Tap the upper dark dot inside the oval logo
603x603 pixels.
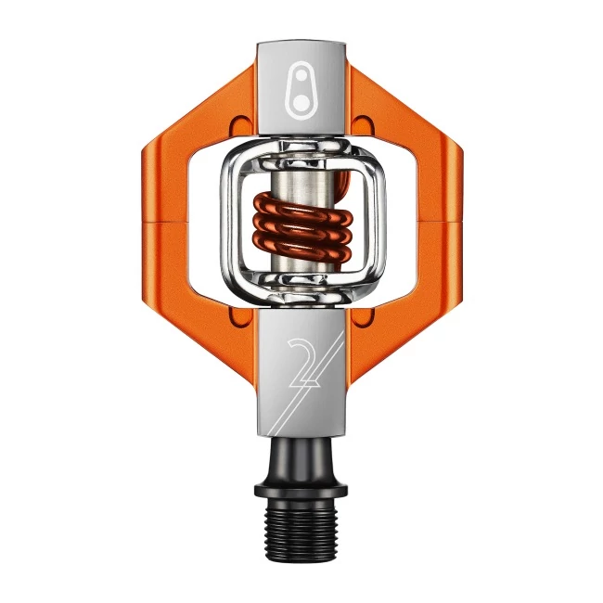[x=301, y=75]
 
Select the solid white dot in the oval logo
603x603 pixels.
[x=301, y=102]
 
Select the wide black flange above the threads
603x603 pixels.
[x=301, y=490]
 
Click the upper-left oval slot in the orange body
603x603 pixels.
[x=242, y=126]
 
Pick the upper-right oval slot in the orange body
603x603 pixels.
[x=363, y=126]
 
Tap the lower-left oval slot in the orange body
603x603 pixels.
[x=242, y=316]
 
